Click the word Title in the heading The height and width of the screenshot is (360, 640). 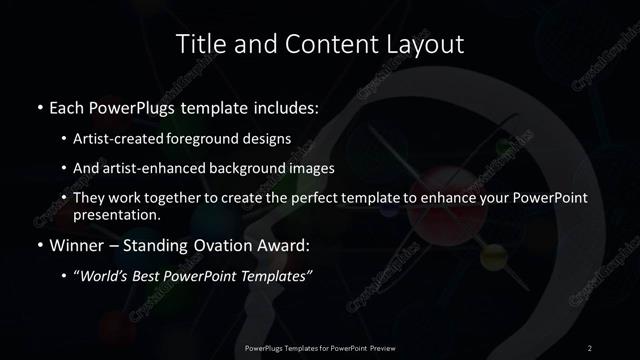coord(201,45)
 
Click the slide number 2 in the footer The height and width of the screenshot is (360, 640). coord(590,348)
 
